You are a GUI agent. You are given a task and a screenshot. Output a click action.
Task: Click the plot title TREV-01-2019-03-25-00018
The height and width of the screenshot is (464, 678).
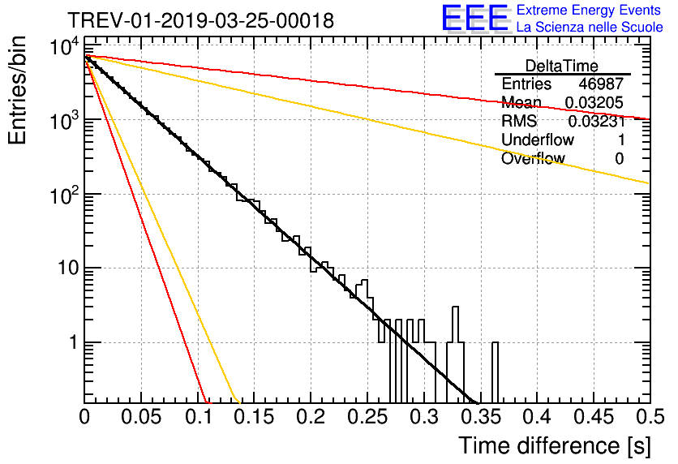pyautogui.click(x=200, y=20)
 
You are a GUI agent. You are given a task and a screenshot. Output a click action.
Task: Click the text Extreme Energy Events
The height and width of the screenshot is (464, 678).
pyautogui.click(x=589, y=11)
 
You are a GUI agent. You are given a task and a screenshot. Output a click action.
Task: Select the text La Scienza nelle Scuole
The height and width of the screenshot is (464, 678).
pyautogui.click(x=589, y=28)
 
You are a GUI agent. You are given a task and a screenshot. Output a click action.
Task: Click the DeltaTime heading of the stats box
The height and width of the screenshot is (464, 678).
pyautogui.click(x=562, y=66)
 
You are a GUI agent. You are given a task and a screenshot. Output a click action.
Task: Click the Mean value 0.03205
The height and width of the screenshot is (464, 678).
pyautogui.click(x=594, y=103)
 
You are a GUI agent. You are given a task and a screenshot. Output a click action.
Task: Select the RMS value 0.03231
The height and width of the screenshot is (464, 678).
pyautogui.click(x=594, y=122)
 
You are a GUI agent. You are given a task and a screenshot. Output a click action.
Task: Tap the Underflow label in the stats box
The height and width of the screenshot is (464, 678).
pyautogui.click(x=538, y=140)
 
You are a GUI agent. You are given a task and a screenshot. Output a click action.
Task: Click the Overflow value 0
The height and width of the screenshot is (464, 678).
pyautogui.click(x=619, y=159)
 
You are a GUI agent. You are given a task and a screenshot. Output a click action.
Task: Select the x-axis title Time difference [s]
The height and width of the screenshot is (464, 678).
pyautogui.click(x=554, y=445)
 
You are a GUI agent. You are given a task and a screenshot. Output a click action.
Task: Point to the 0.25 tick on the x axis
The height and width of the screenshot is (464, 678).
pyautogui.click(x=367, y=417)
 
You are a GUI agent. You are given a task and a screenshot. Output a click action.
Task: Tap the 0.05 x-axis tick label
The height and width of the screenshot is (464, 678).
pyautogui.click(x=141, y=417)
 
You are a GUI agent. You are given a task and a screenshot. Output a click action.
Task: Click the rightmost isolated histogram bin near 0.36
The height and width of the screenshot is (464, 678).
pyautogui.click(x=495, y=372)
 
